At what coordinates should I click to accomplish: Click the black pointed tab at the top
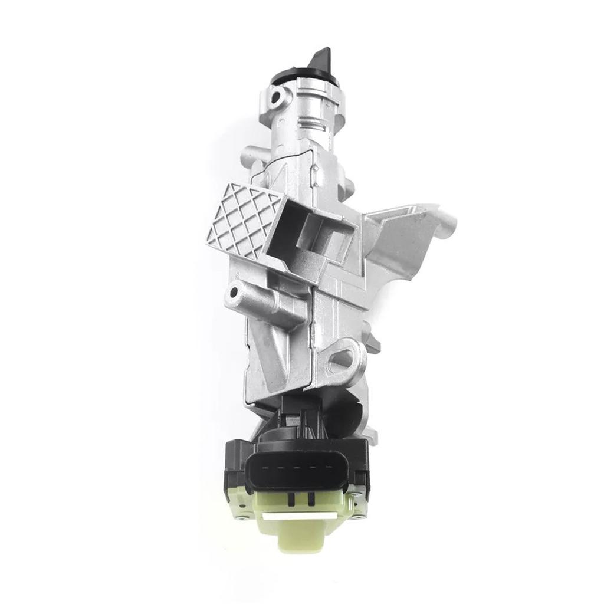[321, 61]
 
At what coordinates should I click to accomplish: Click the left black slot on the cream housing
[291, 499]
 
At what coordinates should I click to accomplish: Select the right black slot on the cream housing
[310, 499]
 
